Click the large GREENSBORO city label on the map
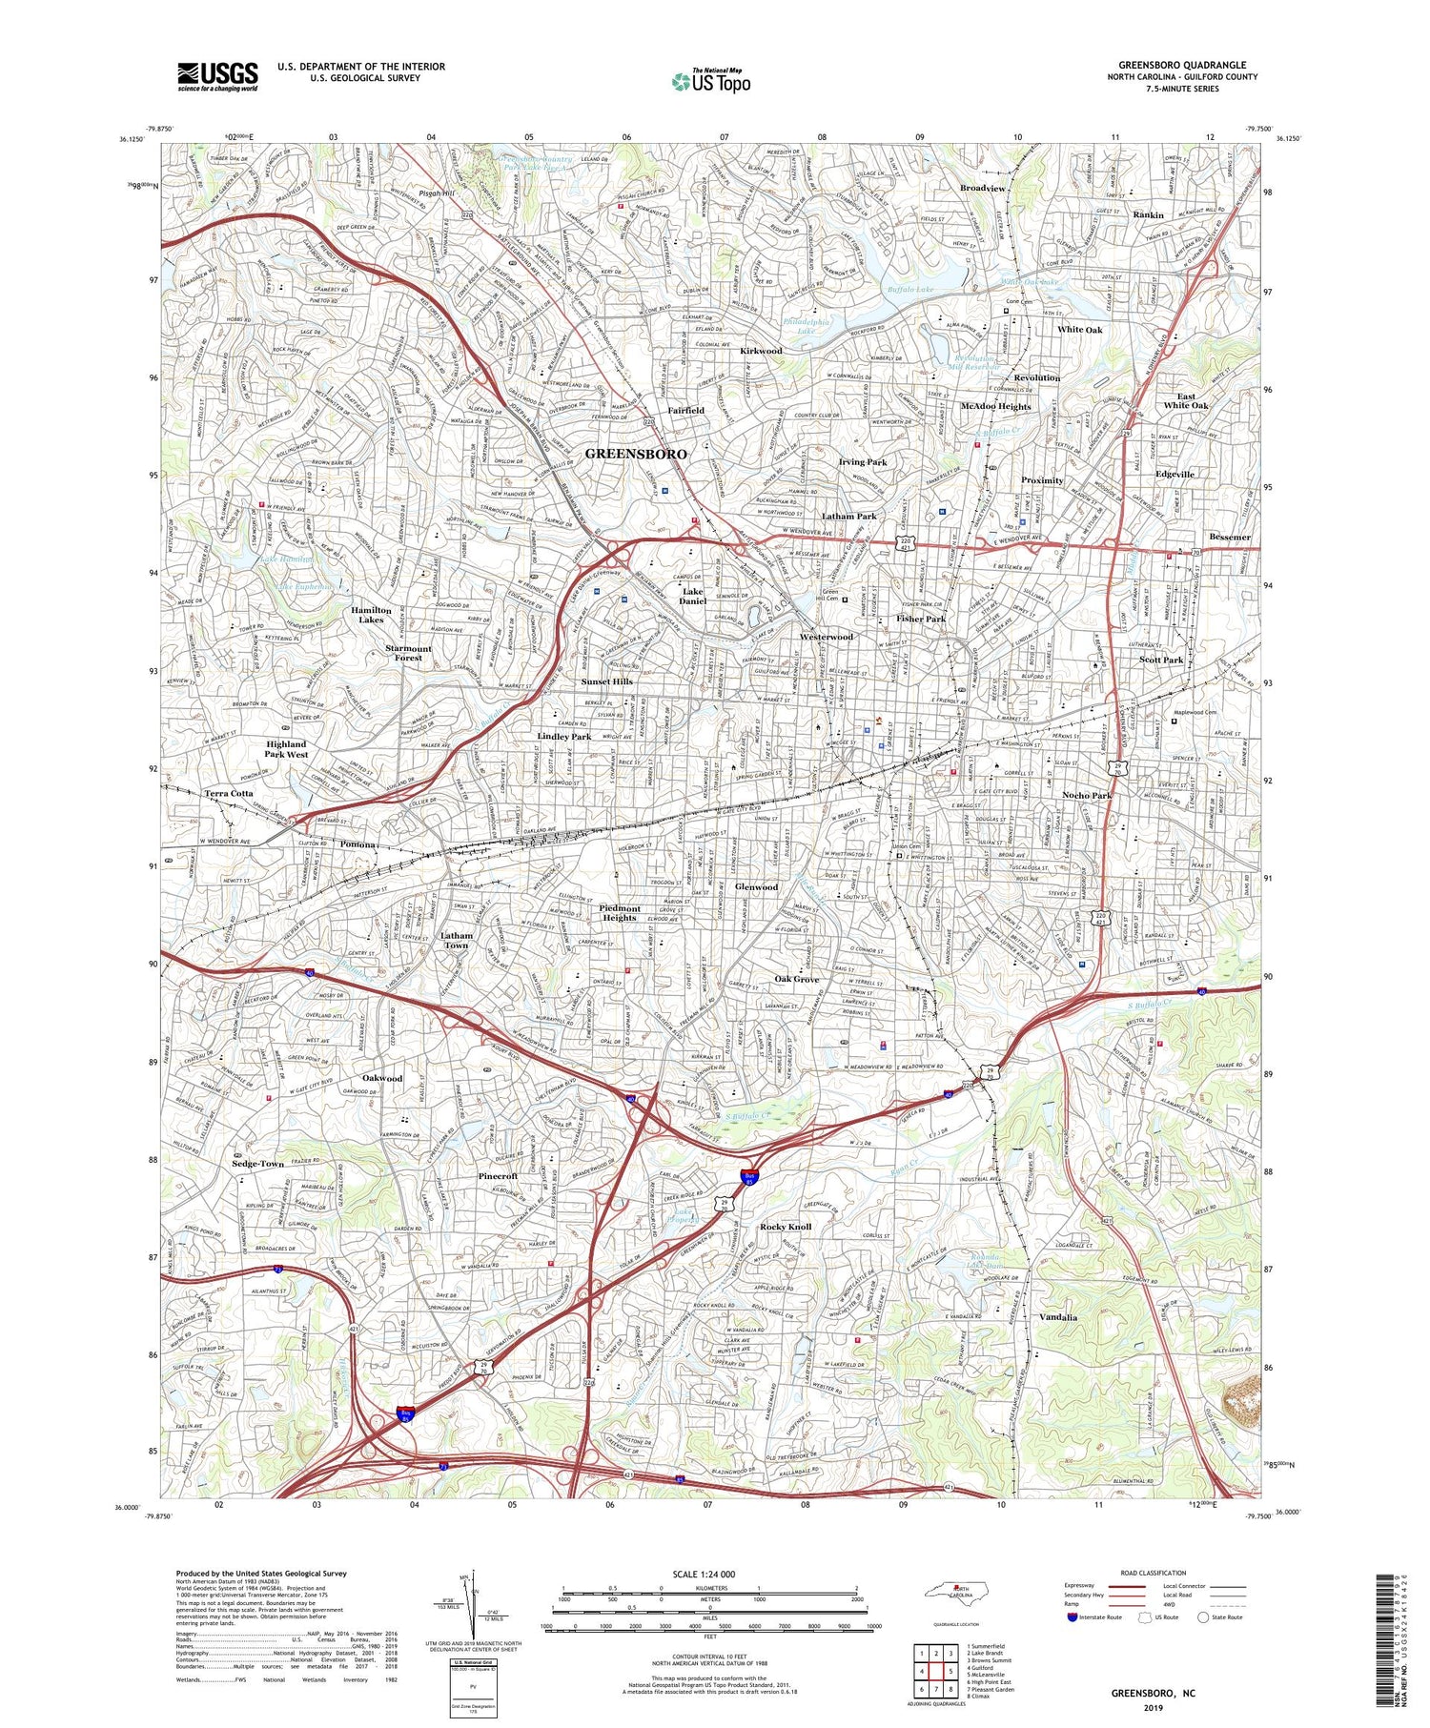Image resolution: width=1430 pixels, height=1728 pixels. point(635,454)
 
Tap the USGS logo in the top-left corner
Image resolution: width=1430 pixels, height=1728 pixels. point(217,76)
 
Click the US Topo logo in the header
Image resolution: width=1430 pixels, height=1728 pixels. point(711,82)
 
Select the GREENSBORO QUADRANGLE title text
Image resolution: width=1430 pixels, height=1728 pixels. point(1182,66)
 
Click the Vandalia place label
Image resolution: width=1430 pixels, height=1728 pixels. point(1057,1317)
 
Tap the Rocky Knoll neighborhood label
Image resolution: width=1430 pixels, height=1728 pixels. point(786,1227)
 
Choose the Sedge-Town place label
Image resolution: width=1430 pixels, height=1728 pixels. point(257,1164)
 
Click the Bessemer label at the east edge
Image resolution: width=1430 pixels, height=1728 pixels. point(1229,537)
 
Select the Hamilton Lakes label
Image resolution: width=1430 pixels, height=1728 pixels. point(371,615)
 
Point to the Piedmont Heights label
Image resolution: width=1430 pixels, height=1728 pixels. point(619,913)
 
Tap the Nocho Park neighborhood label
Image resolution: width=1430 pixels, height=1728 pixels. point(1087,795)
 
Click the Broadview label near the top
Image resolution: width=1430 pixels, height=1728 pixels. point(983,189)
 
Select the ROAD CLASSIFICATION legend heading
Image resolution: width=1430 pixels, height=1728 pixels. point(1154,1573)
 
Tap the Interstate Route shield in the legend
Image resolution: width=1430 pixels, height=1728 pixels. point(1071,1616)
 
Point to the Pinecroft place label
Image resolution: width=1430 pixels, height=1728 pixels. point(498,1176)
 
